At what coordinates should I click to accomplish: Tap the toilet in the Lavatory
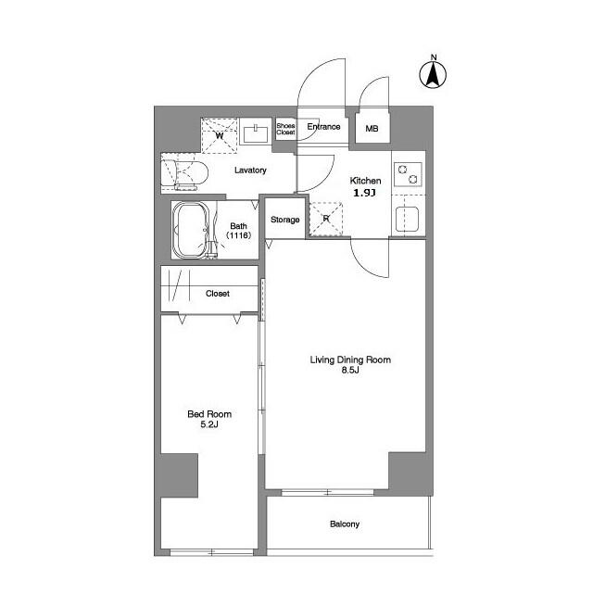pyautogui.click(x=184, y=174)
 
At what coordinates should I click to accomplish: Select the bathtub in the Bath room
pyautogui.click(x=191, y=230)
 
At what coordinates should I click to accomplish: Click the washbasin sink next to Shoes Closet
pyautogui.click(x=256, y=133)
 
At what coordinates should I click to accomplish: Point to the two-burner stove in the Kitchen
pyautogui.click(x=408, y=174)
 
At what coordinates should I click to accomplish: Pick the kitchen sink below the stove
pyautogui.click(x=407, y=220)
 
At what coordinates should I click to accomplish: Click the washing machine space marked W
pyautogui.click(x=220, y=135)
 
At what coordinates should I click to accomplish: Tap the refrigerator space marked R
pyautogui.click(x=326, y=219)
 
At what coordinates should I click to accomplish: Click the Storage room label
pyautogui.click(x=285, y=220)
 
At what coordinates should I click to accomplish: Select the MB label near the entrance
pyautogui.click(x=372, y=129)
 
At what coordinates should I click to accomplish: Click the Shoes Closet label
pyautogui.click(x=285, y=129)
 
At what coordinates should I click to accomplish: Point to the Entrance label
pyautogui.click(x=323, y=127)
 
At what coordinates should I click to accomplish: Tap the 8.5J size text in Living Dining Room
pyautogui.click(x=350, y=371)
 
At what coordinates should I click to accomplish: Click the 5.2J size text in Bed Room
pyautogui.click(x=209, y=424)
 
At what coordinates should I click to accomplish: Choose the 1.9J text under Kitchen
pyautogui.click(x=364, y=193)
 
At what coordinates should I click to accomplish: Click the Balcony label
pyautogui.click(x=345, y=524)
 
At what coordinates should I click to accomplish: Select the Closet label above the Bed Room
pyautogui.click(x=218, y=294)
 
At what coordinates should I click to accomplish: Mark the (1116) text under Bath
pyautogui.click(x=239, y=235)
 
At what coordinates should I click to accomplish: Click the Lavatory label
pyautogui.click(x=250, y=170)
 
